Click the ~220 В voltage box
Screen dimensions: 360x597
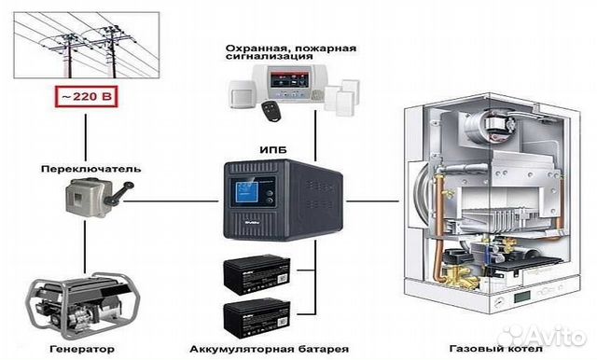click(84, 95)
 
